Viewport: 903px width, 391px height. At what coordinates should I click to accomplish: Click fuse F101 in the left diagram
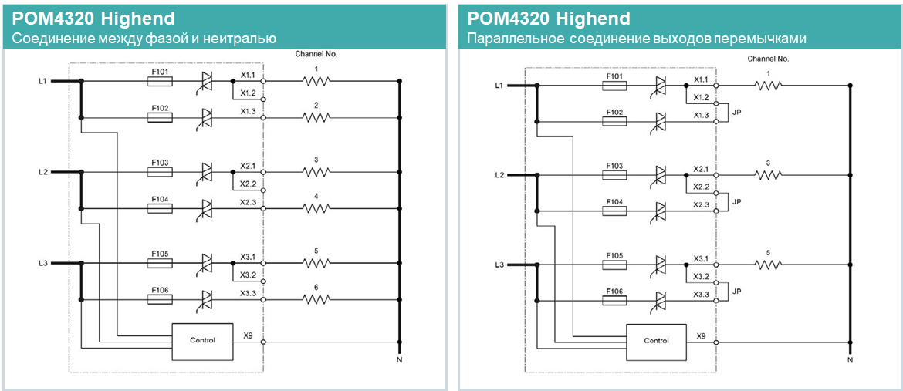(161, 80)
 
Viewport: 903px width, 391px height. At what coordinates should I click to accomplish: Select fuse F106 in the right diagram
(615, 298)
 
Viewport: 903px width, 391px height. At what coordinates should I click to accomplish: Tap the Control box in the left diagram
(203, 341)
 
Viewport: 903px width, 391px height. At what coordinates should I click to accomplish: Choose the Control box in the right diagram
(656, 341)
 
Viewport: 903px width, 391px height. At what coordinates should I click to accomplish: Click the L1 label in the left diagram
(43, 80)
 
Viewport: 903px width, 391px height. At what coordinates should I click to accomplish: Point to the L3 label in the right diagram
(499, 265)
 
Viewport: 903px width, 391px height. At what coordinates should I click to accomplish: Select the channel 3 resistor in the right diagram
(769, 175)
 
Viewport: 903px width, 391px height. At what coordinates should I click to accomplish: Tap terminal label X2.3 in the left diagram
(248, 202)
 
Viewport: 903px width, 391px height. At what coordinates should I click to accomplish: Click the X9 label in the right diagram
(701, 336)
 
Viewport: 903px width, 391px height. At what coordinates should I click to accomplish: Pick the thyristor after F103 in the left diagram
(207, 171)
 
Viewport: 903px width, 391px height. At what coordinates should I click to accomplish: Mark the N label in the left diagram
(399, 360)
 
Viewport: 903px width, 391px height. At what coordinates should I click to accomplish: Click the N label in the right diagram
(850, 360)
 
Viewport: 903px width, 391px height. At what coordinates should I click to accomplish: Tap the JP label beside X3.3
(737, 292)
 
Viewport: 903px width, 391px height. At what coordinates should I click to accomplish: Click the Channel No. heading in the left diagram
(316, 54)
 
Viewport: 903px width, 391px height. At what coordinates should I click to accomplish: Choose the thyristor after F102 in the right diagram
(661, 122)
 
